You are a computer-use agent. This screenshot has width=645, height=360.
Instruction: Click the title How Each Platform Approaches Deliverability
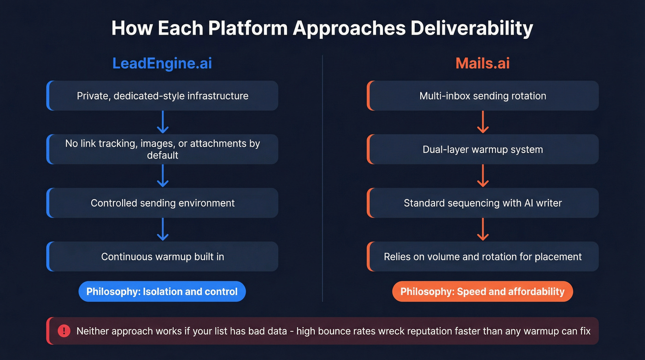coord(322,29)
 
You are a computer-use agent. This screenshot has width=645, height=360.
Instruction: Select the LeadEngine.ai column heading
coord(162,63)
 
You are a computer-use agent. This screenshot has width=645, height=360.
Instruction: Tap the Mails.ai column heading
coord(482,63)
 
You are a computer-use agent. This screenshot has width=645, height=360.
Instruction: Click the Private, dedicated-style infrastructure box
coord(162,96)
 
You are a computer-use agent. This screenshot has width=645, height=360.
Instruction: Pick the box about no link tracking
coord(162,149)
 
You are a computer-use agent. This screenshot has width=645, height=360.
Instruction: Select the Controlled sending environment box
coord(162,203)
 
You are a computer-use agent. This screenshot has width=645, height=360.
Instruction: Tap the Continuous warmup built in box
coord(162,256)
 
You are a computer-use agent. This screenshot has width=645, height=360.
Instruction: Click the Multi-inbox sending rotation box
coord(482,96)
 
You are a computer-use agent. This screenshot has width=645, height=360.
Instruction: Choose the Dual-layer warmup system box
coord(482,149)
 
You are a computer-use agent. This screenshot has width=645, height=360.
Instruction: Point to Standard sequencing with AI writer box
coord(482,203)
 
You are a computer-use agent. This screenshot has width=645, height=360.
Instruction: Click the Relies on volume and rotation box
coord(482,256)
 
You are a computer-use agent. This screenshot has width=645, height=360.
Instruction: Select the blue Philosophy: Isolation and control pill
coord(162,291)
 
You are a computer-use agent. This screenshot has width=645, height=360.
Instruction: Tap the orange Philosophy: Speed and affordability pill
coord(482,291)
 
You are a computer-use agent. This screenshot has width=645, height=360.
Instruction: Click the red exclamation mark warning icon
coord(64,331)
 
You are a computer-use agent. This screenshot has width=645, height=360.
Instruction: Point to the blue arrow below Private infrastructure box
coord(162,122)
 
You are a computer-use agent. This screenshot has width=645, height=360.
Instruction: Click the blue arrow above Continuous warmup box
coord(162,229)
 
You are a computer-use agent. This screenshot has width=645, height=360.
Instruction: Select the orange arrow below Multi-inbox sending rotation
coord(482,122)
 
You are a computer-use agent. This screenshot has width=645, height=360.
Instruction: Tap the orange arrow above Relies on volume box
coord(482,229)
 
